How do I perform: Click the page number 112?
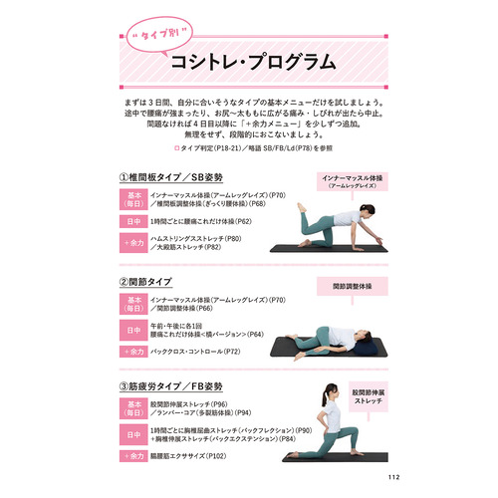pos(395,475)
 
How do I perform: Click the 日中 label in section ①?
pos(132,219)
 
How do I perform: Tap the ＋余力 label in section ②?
pos(132,352)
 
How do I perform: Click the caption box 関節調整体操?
pos(355,285)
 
